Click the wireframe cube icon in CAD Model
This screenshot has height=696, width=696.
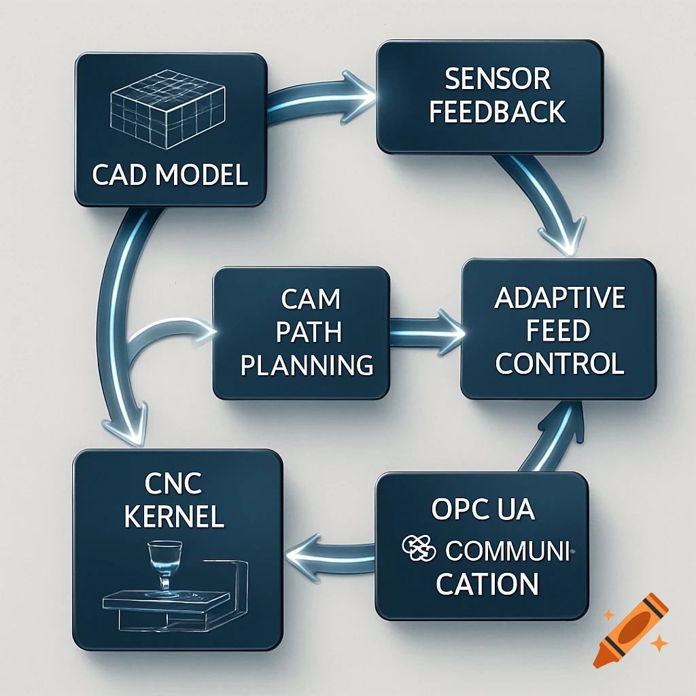click(x=168, y=111)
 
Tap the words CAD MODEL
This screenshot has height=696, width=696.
click(x=169, y=175)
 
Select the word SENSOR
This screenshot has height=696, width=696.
click(x=497, y=80)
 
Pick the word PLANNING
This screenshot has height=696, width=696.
click(x=307, y=365)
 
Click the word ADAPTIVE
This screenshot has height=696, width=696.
click(x=559, y=298)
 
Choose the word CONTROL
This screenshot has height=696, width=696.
click(x=559, y=364)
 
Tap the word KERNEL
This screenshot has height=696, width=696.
click(x=175, y=517)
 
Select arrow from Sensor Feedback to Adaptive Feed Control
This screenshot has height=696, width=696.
click(x=544, y=204)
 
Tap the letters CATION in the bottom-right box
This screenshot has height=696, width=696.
click(x=487, y=583)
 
